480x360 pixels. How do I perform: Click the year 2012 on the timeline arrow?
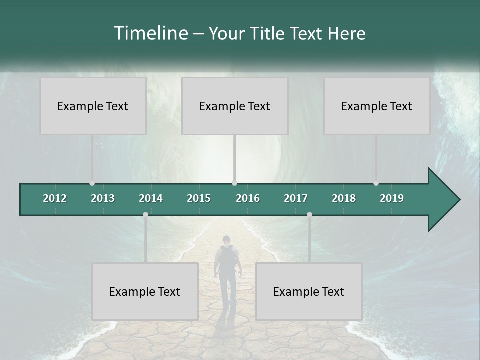[x=55, y=198]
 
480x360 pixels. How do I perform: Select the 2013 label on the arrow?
[x=103, y=198]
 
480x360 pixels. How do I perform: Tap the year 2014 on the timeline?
[x=151, y=198]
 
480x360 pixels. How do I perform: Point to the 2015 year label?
[x=199, y=198]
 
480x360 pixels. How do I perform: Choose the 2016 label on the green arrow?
[x=248, y=198]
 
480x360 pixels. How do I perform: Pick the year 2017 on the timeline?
[x=296, y=198]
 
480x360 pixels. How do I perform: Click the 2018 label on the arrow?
[x=344, y=198]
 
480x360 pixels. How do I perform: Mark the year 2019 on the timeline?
[x=392, y=198]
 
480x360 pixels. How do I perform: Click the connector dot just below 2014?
[x=145, y=215]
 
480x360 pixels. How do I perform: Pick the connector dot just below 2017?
[x=309, y=215]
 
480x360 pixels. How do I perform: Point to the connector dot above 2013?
[x=92, y=183]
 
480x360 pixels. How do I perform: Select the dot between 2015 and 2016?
[x=234, y=183]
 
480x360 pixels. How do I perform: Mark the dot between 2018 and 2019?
[x=376, y=183]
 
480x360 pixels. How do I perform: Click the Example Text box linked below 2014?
[x=145, y=292]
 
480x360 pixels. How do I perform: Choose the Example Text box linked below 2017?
[x=309, y=292]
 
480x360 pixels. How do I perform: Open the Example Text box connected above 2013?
[x=93, y=106]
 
